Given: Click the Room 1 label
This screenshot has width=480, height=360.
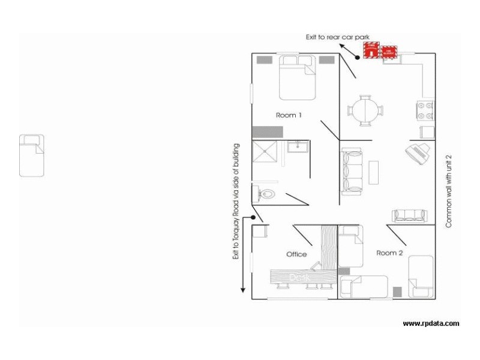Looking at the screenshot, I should [x=288, y=115].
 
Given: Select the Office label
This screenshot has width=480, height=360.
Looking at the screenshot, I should [x=296, y=254].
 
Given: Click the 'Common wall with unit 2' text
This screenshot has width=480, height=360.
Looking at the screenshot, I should [x=448, y=191].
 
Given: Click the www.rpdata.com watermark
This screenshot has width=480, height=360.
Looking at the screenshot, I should [x=431, y=323].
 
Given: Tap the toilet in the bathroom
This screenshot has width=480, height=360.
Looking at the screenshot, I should [x=266, y=193].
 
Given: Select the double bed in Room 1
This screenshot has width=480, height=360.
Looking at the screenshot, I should [x=297, y=78].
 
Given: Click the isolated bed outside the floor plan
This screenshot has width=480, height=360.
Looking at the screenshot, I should [x=32, y=155].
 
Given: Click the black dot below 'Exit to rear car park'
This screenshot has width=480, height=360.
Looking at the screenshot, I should [x=356, y=58].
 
